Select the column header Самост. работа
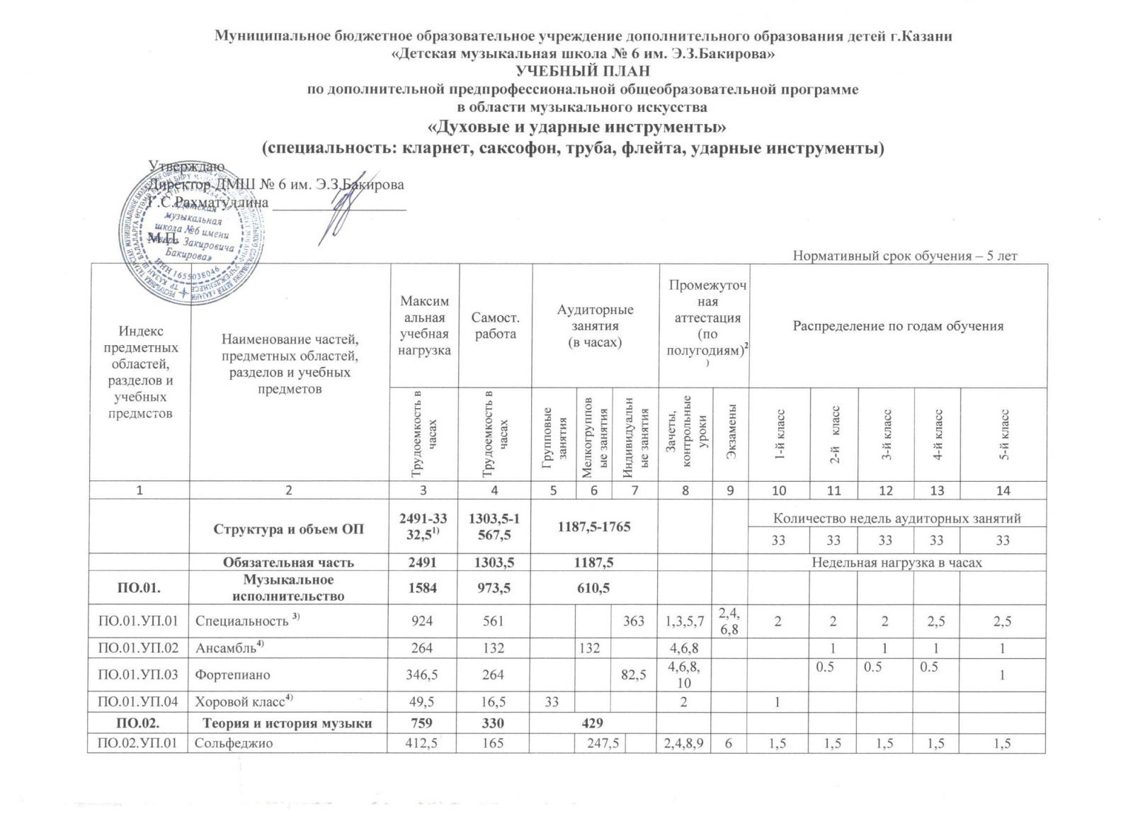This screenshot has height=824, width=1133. (495, 326)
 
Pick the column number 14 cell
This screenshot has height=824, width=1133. (1003, 490)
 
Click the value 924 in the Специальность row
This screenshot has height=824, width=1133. (423, 621)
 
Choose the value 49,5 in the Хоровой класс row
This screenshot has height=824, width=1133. (423, 701)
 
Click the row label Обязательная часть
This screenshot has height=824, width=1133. (289, 563)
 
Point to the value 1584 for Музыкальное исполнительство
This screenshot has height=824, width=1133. (423, 588)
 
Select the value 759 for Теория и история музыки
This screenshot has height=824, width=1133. (423, 723)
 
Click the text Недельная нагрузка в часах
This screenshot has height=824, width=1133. (896, 563)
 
